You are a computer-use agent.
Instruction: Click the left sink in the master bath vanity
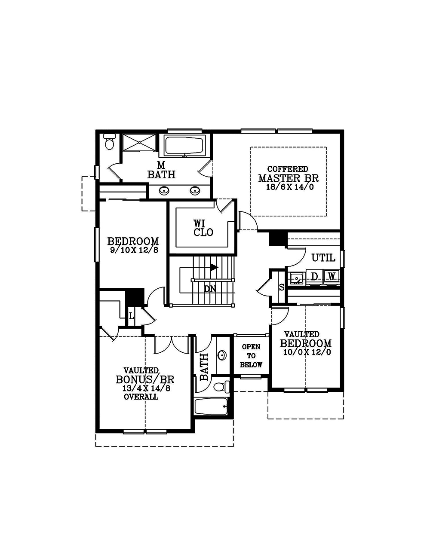click(x=164, y=190)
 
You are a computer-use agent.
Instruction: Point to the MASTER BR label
click(x=289, y=178)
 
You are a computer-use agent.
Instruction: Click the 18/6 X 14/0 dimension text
click(x=289, y=188)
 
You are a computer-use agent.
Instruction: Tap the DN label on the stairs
click(x=210, y=289)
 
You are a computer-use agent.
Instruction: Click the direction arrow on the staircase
click(x=214, y=267)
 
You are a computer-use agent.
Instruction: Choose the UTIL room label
click(x=323, y=258)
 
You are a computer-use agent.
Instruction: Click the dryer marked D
click(x=314, y=277)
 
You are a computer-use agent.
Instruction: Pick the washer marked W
click(x=331, y=277)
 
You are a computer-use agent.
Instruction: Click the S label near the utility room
click(x=282, y=287)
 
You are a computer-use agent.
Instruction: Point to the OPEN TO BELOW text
click(x=251, y=356)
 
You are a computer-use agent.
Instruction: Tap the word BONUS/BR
click(x=145, y=380)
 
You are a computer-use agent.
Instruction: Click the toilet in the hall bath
click(x=220, y=387)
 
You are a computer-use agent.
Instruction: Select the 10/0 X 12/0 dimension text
click(x=307, y=352)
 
